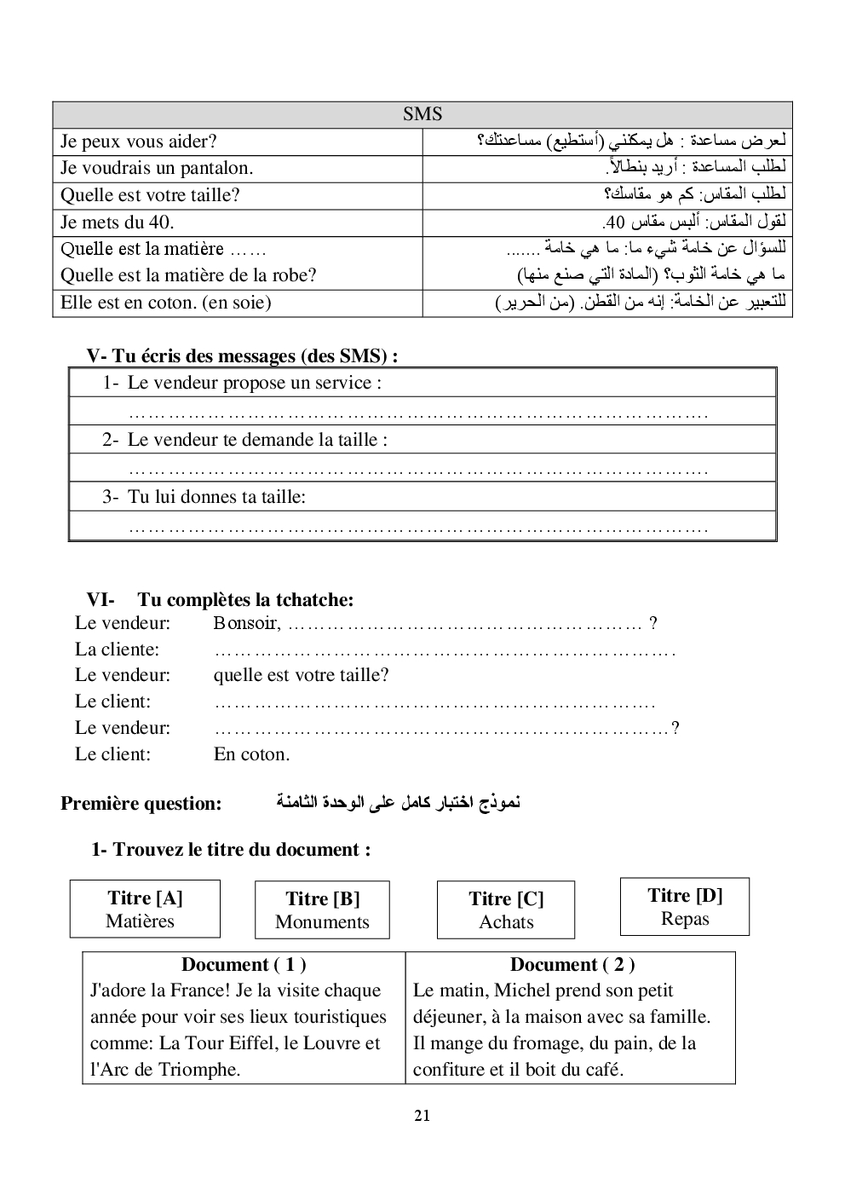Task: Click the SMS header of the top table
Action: coord(422,114)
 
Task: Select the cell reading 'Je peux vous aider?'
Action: coord(139,141)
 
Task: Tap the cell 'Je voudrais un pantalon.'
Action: coord(157,168)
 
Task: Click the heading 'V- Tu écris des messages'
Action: coord(242,356)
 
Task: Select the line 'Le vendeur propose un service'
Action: coord(254,383)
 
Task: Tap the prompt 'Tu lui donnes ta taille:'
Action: coord(216,497)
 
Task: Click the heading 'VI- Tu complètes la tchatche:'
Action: coord(220,600)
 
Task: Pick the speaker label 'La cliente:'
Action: coord(117,649)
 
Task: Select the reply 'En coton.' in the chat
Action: coord(251,754)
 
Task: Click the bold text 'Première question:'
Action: coord(141,804)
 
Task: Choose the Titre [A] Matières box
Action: coord(145,909)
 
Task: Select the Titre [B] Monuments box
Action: coord(322,910)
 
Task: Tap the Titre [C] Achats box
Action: coord(506,910)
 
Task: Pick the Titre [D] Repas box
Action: coord(685,907)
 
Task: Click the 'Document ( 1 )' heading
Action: coord(244,965)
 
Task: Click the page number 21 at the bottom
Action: coord(422,1116)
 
